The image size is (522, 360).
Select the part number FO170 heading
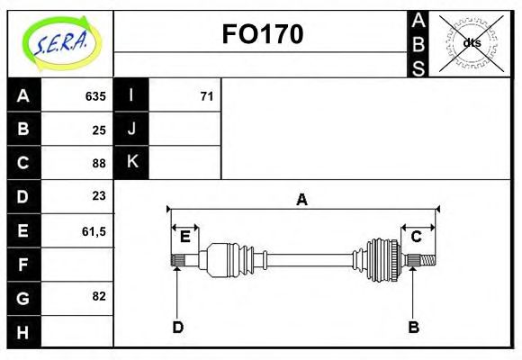tap(262, 34)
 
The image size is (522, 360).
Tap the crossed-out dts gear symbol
tap(471, 42)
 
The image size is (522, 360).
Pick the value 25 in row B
tap(99, 130)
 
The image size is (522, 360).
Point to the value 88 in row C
tap(99, 163)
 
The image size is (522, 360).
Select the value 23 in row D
tap(99, 196)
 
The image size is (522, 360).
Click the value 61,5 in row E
tap(94, 230)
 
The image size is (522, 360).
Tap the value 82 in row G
tap(99, 296)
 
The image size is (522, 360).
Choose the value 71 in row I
tap(206, 96)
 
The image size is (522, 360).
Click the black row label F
tap(23, 264)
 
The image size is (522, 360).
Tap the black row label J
tap(131, 130)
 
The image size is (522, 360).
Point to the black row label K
tap(131, 163)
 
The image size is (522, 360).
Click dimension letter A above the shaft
tap(302, 199)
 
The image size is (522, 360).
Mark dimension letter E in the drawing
tap(184, 237)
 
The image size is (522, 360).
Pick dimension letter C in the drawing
tap(417, 237)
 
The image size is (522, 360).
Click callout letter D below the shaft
tap(177, 327)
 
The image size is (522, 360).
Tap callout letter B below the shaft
tap(413, 327)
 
